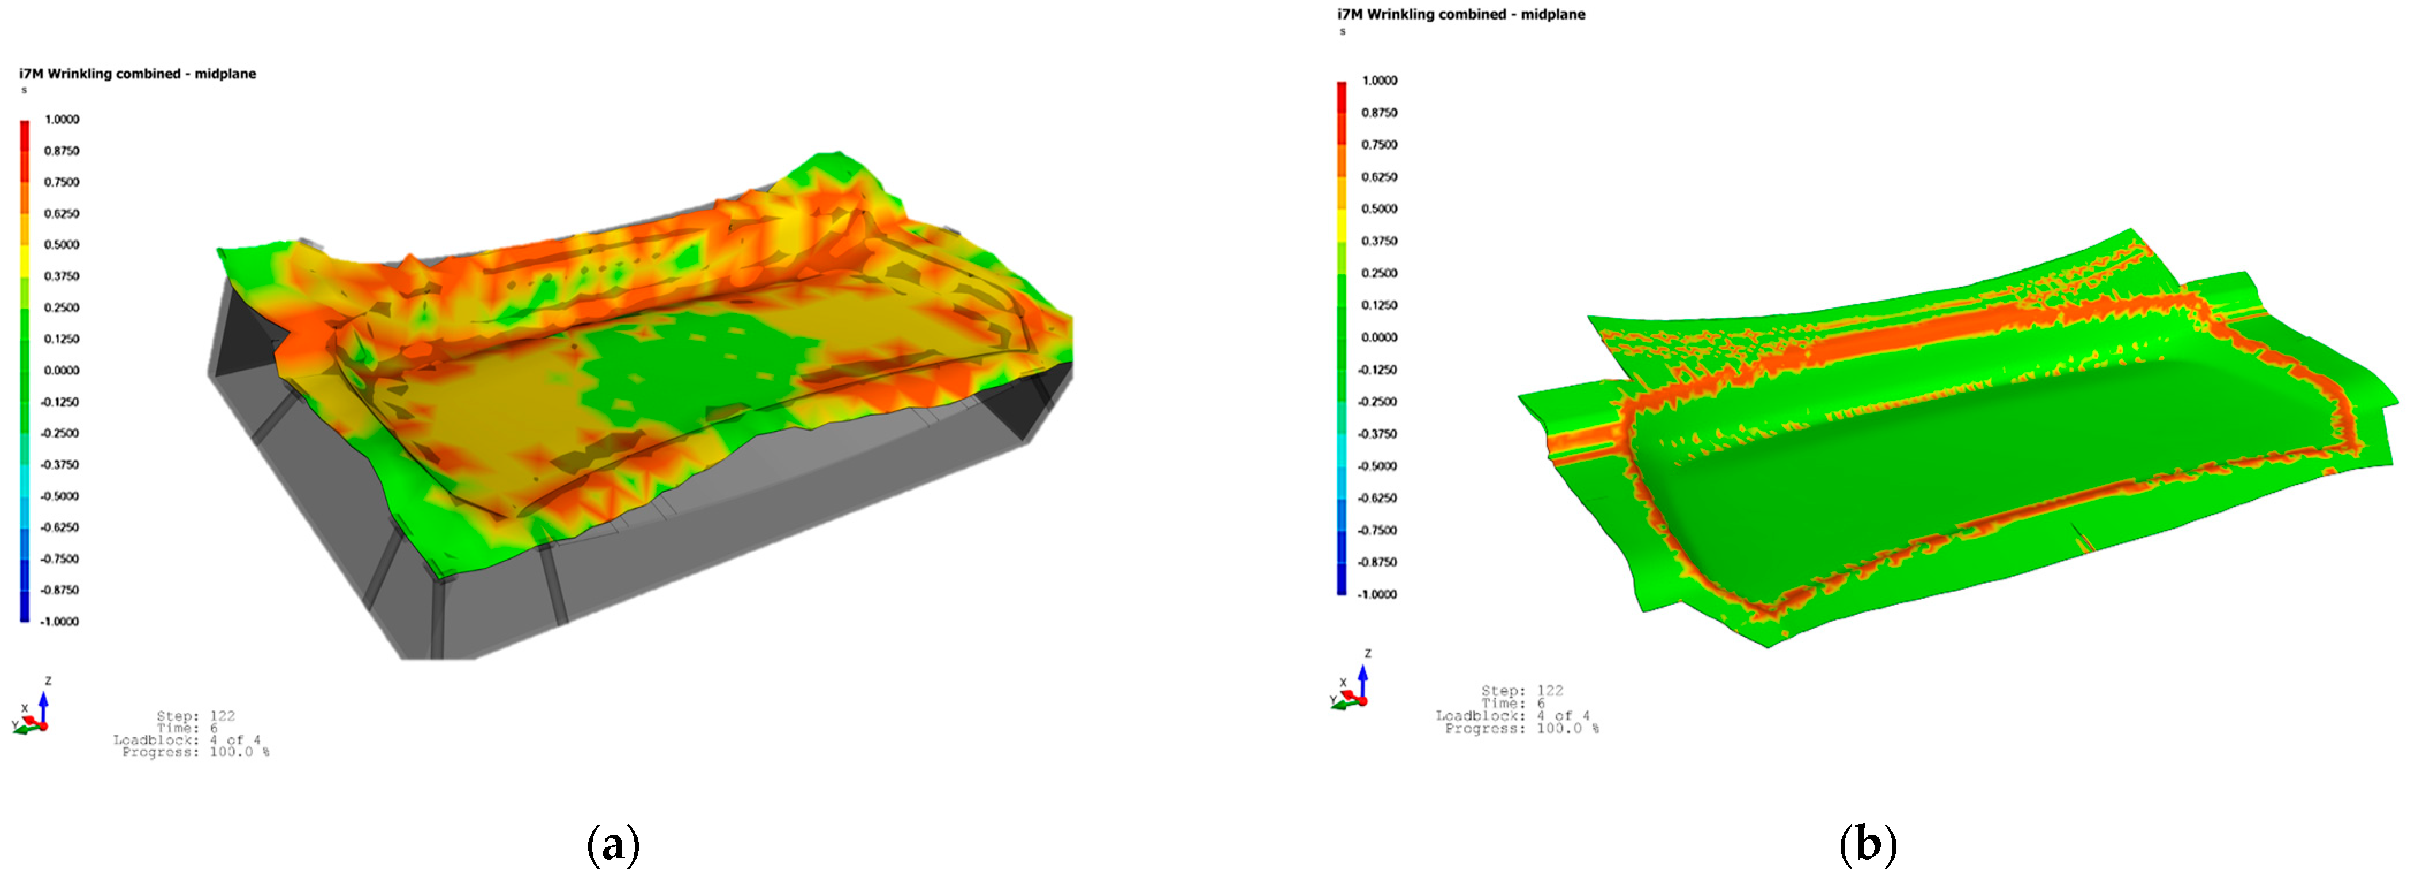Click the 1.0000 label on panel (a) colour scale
(x=62, y=120)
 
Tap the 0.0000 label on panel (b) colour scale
(x=1378, y=337)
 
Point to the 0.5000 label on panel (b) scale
(x=1378, y=209)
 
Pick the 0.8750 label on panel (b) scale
(x=1378, y=112)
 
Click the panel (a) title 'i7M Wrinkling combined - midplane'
(x=138, y=74)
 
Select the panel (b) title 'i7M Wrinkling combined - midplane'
(x=1461, y=14)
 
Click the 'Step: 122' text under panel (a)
(x=196, y=716)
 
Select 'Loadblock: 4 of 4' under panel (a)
(x=187, y=740)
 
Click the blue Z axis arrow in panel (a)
(x=43, y=704)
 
